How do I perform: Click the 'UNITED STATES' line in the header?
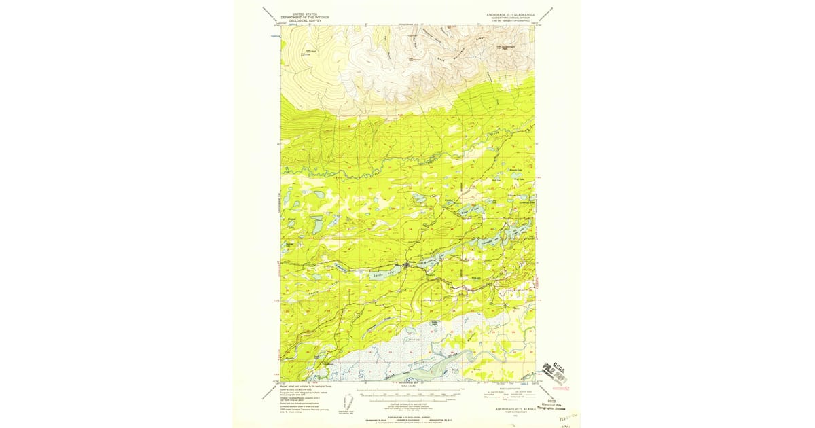click(304, 14)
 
